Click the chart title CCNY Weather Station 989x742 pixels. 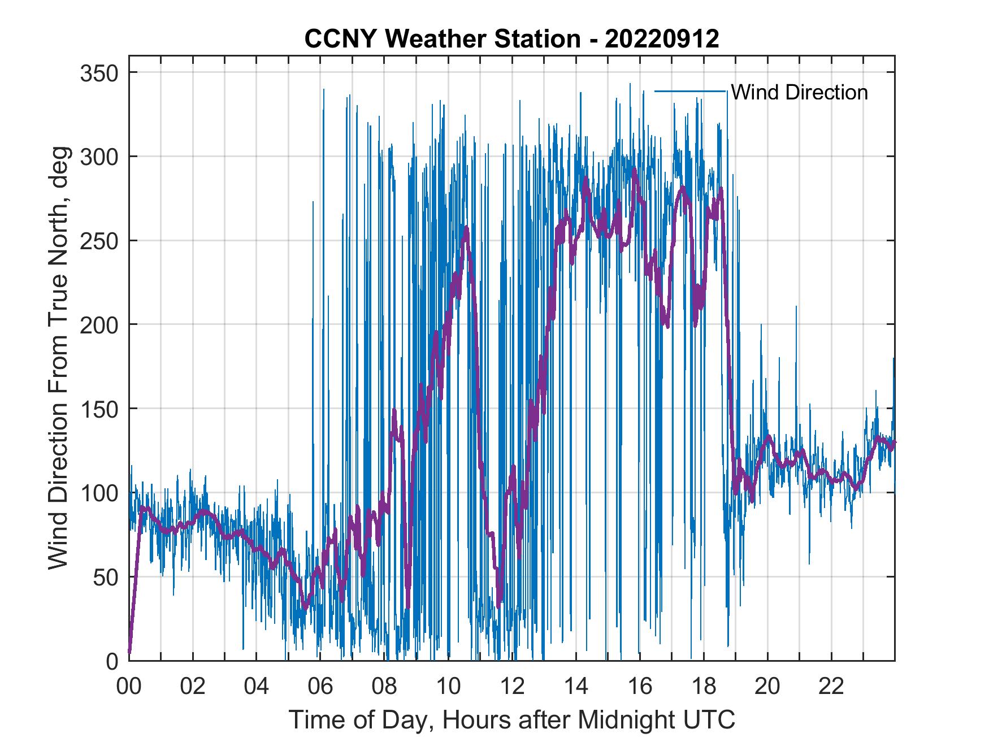442,39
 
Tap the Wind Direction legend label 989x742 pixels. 799,92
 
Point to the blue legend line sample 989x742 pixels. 690,91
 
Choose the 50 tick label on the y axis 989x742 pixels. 106,576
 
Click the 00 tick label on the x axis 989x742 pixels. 129,687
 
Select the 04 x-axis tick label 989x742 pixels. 257,687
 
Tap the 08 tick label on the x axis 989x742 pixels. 384,687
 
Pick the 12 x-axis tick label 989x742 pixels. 512,687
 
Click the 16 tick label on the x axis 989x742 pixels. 640,687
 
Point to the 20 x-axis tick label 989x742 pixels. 767,687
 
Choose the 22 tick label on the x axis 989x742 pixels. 831,687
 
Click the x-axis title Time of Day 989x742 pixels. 512,720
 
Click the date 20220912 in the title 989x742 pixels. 662,39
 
